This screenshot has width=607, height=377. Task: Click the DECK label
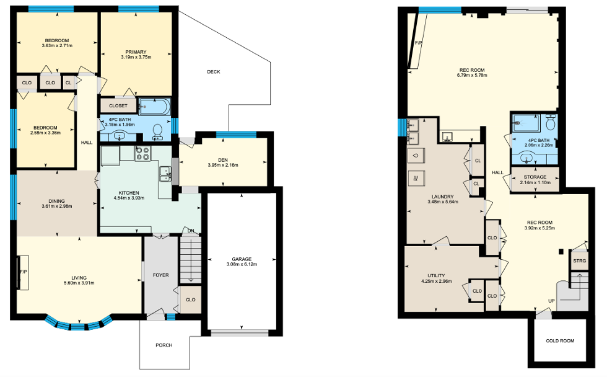213,72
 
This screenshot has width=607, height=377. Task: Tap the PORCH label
164,345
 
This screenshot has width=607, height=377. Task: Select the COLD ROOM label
560,341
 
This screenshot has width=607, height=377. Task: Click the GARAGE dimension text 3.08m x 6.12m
242,264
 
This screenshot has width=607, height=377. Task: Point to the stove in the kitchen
142,153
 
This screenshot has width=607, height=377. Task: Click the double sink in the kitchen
165,174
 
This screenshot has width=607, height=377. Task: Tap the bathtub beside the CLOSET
154,107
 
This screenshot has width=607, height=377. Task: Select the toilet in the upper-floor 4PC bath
157,131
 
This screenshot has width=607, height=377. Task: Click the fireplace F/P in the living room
23,272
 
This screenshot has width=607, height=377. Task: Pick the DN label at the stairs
191,231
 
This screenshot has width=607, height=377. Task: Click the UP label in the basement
551,301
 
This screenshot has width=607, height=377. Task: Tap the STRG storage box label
580,261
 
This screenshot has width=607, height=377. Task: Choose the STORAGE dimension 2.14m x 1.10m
535,182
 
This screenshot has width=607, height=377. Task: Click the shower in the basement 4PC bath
526,123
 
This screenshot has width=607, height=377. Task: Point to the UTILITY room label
436,276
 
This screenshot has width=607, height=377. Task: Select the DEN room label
222,160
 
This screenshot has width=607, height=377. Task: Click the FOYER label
160,275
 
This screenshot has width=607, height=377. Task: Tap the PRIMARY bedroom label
136,52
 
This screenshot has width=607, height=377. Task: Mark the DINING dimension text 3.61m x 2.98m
56,206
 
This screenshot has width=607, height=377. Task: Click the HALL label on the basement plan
497,173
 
